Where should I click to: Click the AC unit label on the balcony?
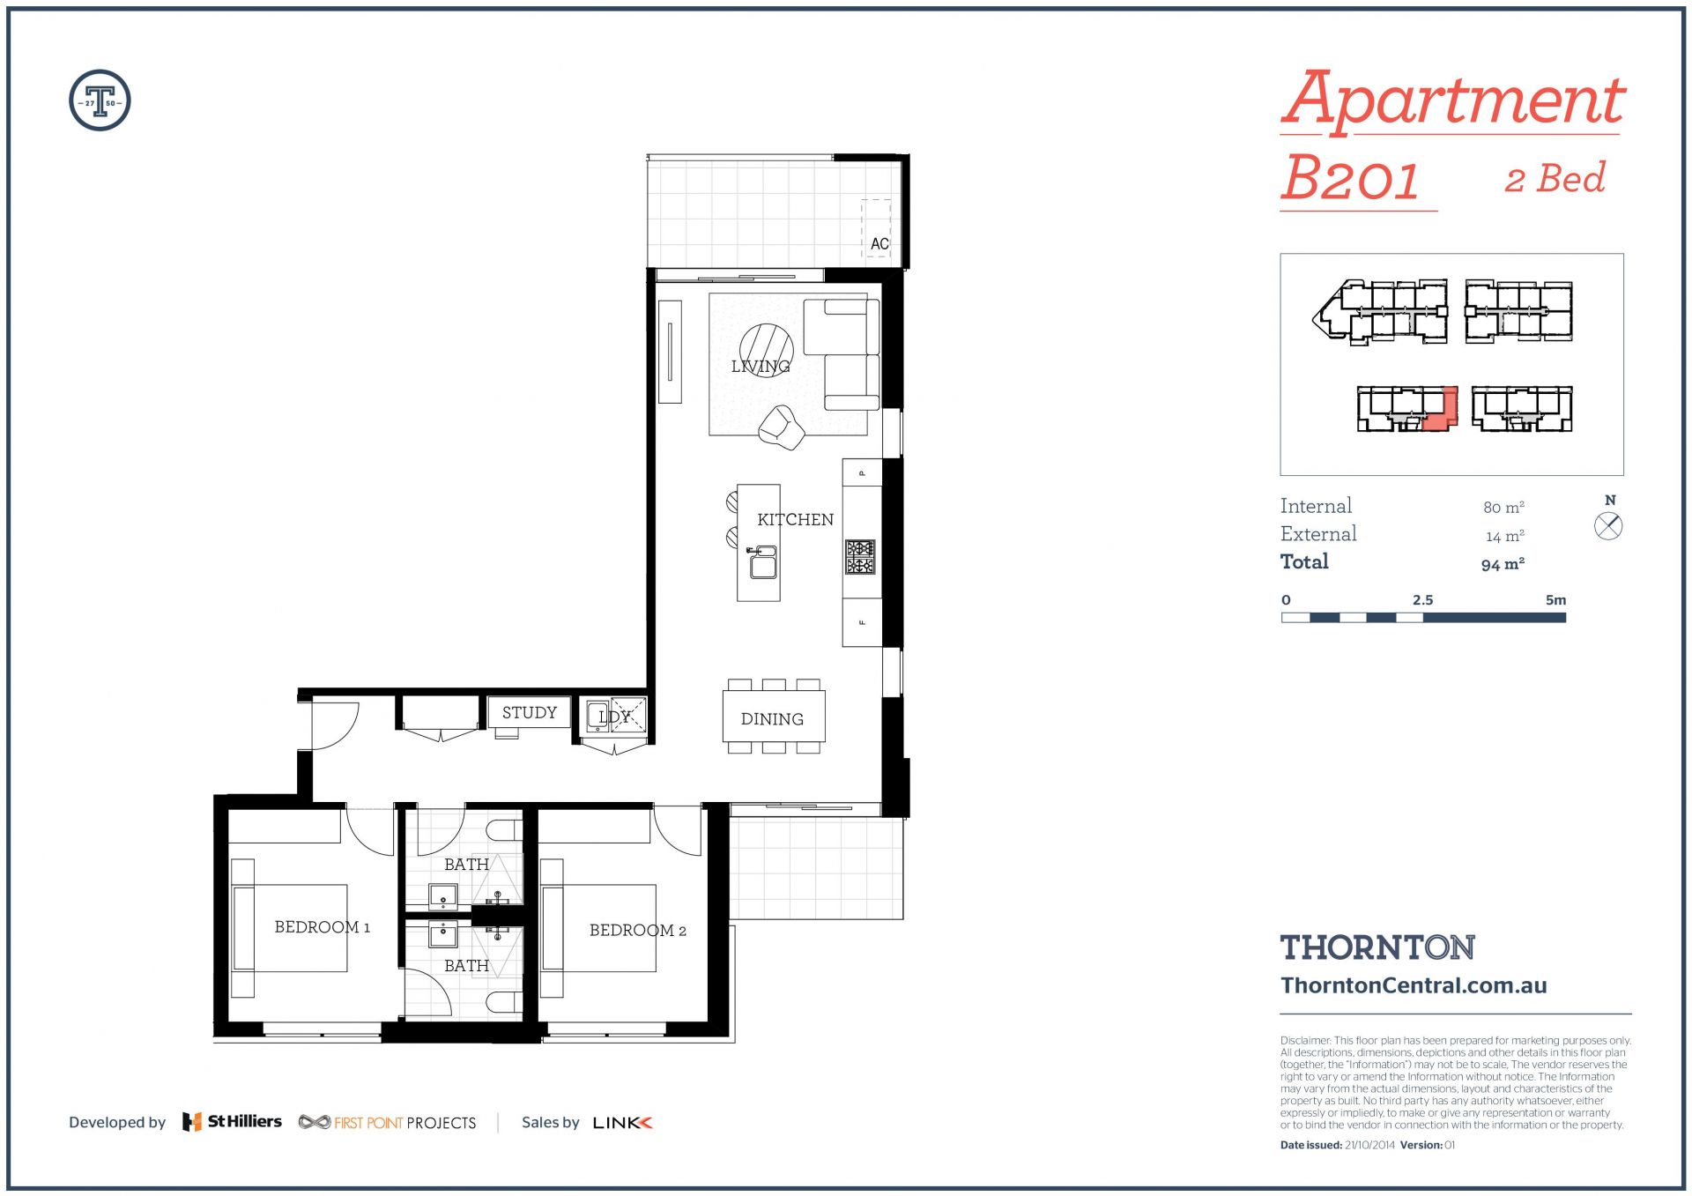click(879, 243)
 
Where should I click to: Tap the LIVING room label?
click(761, 366)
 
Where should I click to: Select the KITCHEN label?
click(795, 520)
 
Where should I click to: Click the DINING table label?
click(772, 719)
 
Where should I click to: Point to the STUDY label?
click(530, 712)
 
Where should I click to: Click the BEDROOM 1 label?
click(323, 927)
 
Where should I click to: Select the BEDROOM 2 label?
click(638, 931)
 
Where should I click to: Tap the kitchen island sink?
click(762, 562)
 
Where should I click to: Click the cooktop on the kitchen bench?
click(860, 557)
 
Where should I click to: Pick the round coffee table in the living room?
click(766, 350)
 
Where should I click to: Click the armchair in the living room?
click(782, 427)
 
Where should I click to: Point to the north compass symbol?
click(1608, 527)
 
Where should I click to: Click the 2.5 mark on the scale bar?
click(1422, 600)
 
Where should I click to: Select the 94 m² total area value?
click(1503, 564)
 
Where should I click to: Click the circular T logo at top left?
click(100, 100)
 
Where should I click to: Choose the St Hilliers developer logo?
click(232, 1122)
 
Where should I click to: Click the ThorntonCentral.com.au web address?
click(1414, 985)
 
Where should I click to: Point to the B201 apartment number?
click(1350, 178)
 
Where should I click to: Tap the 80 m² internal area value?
click(1503, 507)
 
